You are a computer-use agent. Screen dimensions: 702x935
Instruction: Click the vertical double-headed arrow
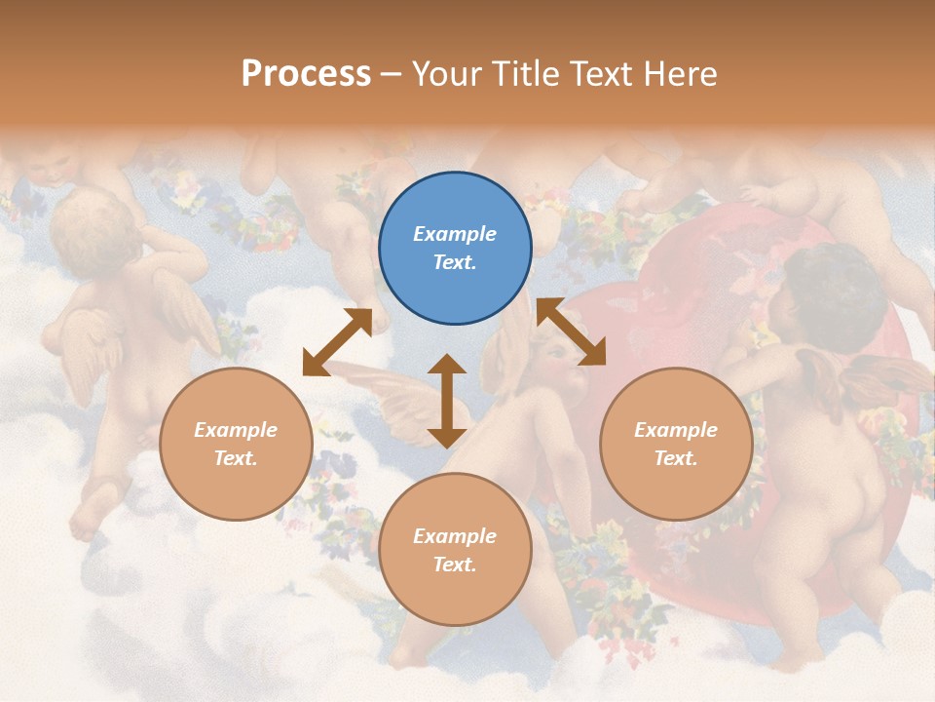447,401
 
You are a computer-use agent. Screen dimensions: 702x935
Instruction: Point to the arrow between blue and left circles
337,342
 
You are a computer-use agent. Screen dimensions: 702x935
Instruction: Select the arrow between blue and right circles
572,332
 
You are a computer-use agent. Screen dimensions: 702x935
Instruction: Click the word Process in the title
306,73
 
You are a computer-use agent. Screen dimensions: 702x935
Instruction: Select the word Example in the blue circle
455,234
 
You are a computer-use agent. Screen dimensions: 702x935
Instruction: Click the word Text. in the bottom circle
455,565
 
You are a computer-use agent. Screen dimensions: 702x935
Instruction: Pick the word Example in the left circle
236,430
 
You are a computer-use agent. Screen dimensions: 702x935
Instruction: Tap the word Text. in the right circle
676,458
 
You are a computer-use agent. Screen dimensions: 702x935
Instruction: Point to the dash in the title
392,74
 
